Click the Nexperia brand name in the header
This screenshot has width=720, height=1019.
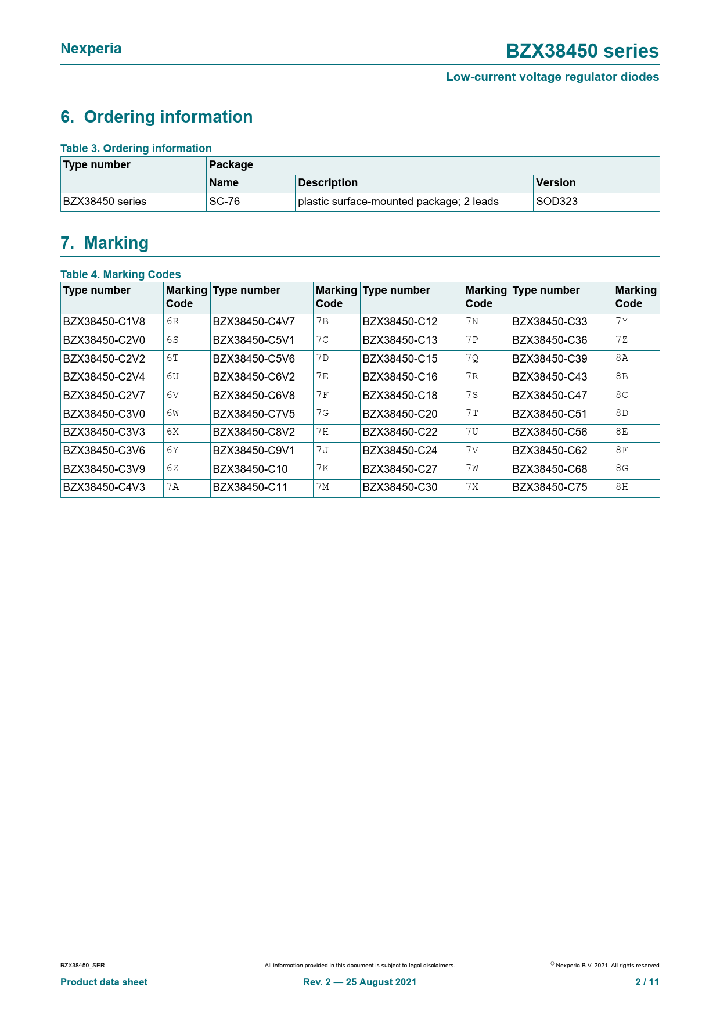tap(91, 49)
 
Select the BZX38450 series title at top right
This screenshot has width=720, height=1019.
tap(582, 51)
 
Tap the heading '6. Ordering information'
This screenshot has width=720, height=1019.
tap(157, 117)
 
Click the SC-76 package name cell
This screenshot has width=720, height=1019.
tap(225, 202)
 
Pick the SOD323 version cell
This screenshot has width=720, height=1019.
tap(556, 202)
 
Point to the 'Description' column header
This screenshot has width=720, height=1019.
tap(327, 183)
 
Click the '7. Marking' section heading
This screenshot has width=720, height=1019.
tap(105, 243)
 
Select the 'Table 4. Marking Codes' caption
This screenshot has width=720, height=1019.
tap(121, 274)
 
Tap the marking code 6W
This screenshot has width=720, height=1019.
tap(172, 414)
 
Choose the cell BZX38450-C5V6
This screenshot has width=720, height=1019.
tap(254, 358)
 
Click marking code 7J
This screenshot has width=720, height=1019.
tap(322, 450)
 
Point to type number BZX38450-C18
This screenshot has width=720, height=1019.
tap(400, 396)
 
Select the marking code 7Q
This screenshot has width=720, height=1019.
tap(472, 358)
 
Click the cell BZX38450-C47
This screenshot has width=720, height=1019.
tap(550, 396)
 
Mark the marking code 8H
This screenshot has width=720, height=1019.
tap(622, 487)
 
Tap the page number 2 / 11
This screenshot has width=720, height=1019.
tap(647, 982)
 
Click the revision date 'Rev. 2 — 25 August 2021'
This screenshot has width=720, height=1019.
tap(359, 982)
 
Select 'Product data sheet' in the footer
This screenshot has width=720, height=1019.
tap(104, 982)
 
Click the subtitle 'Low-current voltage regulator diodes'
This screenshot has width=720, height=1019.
tap(552, 77)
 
